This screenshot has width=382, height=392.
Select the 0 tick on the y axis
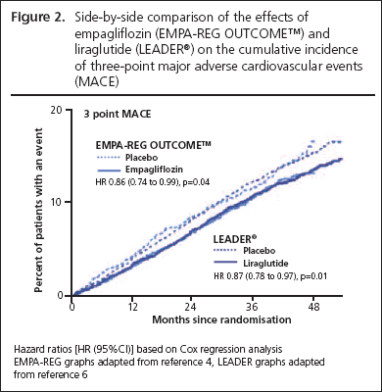coord(64,293)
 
